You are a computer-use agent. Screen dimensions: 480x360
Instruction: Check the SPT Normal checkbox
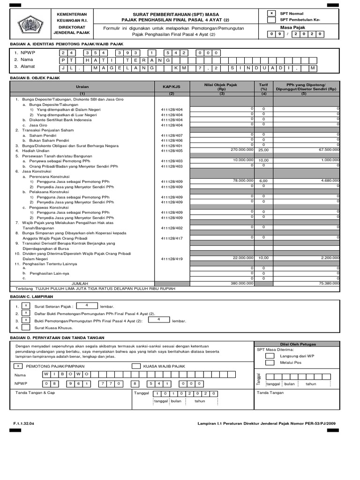point(271,14)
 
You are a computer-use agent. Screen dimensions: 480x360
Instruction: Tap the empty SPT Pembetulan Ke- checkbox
point(271,20)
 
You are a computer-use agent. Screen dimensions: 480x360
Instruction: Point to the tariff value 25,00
point(263,150)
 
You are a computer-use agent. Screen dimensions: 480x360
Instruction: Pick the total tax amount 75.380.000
point(329,283)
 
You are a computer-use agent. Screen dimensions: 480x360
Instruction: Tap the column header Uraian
point(82,87)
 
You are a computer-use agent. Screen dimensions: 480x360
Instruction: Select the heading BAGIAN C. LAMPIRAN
point(31,297)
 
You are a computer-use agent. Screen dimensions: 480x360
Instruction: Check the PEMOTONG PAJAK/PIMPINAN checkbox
point(18,366)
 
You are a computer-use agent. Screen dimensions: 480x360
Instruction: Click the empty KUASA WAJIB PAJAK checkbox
point(135,366)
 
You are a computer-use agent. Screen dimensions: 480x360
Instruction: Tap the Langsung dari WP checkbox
point(270,356)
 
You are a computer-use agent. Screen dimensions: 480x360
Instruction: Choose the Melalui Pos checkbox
point(270,362)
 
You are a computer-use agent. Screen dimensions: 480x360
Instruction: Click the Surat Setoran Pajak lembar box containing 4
point(86,305)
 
